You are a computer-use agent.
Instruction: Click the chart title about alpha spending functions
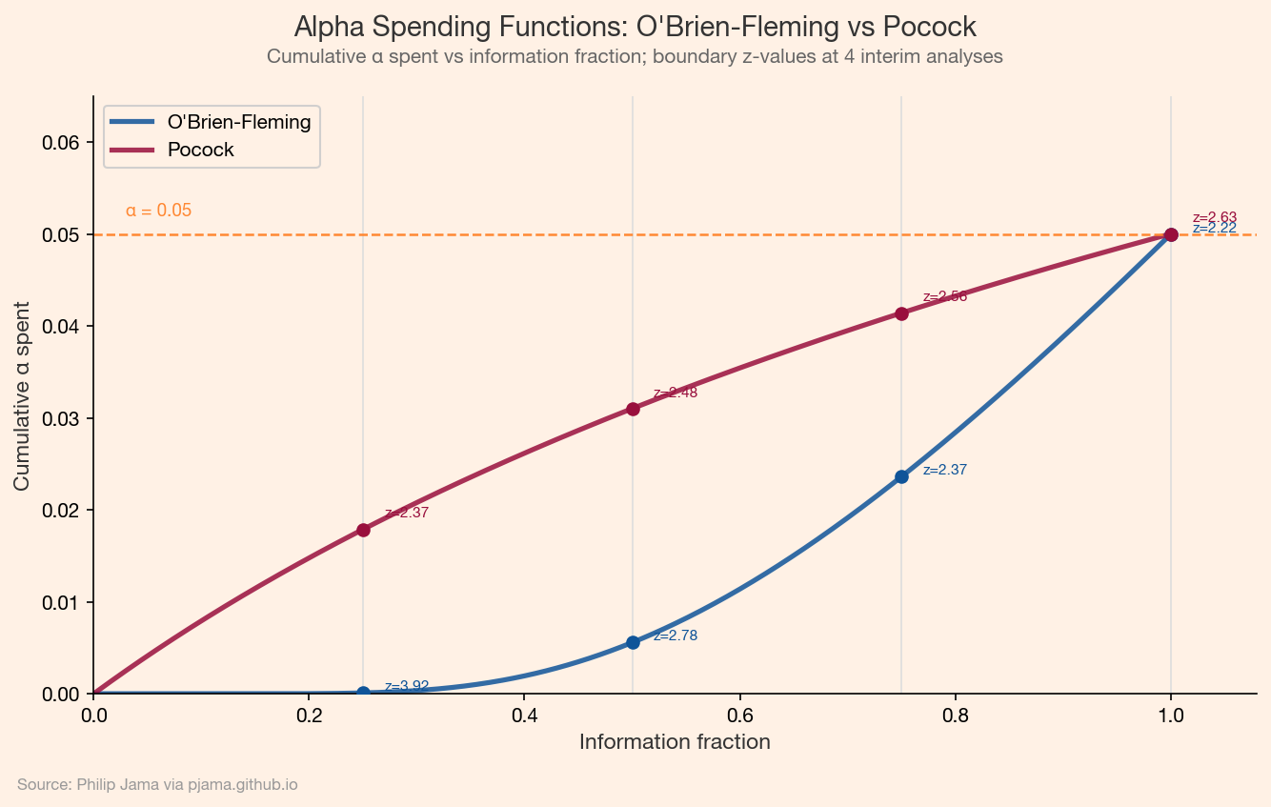pyautogui.click(x=635, y=26)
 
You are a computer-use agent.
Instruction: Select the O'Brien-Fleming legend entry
pyautogui.click(x=239, y=122)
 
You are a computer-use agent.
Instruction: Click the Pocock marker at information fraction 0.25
pyautogui.click(x=363, y=530)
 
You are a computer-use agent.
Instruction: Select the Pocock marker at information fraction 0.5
pyautogui.click(x=633, y=409)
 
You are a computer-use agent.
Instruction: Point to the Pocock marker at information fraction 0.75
pyautogui.click(x=901, y=313)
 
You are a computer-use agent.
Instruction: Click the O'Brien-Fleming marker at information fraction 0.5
pyautogui.click(x=633, y=642)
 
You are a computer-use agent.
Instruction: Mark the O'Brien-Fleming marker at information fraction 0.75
pyautogui.click(x=901, y=476)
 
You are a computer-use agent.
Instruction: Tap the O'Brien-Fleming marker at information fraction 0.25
pyautogui.click(x=363, y=693)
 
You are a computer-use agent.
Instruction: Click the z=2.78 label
pyautogui.click(x=676, y=636)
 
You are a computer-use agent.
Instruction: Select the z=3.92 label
pyautogui.click(x=407, y=686)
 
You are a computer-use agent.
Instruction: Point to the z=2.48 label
pyautogui.click(x=676, y=393)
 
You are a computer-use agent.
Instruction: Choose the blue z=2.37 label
pyautogui.click(x=945, y=470)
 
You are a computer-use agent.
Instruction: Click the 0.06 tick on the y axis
pyautogui.click(x=62, y=143)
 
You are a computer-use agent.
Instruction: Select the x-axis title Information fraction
pyautogui.click(x=675, y=741)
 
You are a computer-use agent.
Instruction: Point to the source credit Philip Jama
pyautogui.click(x=157, y=785)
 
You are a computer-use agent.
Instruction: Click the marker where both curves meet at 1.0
pyautogui.click(x=1171, y=234)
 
